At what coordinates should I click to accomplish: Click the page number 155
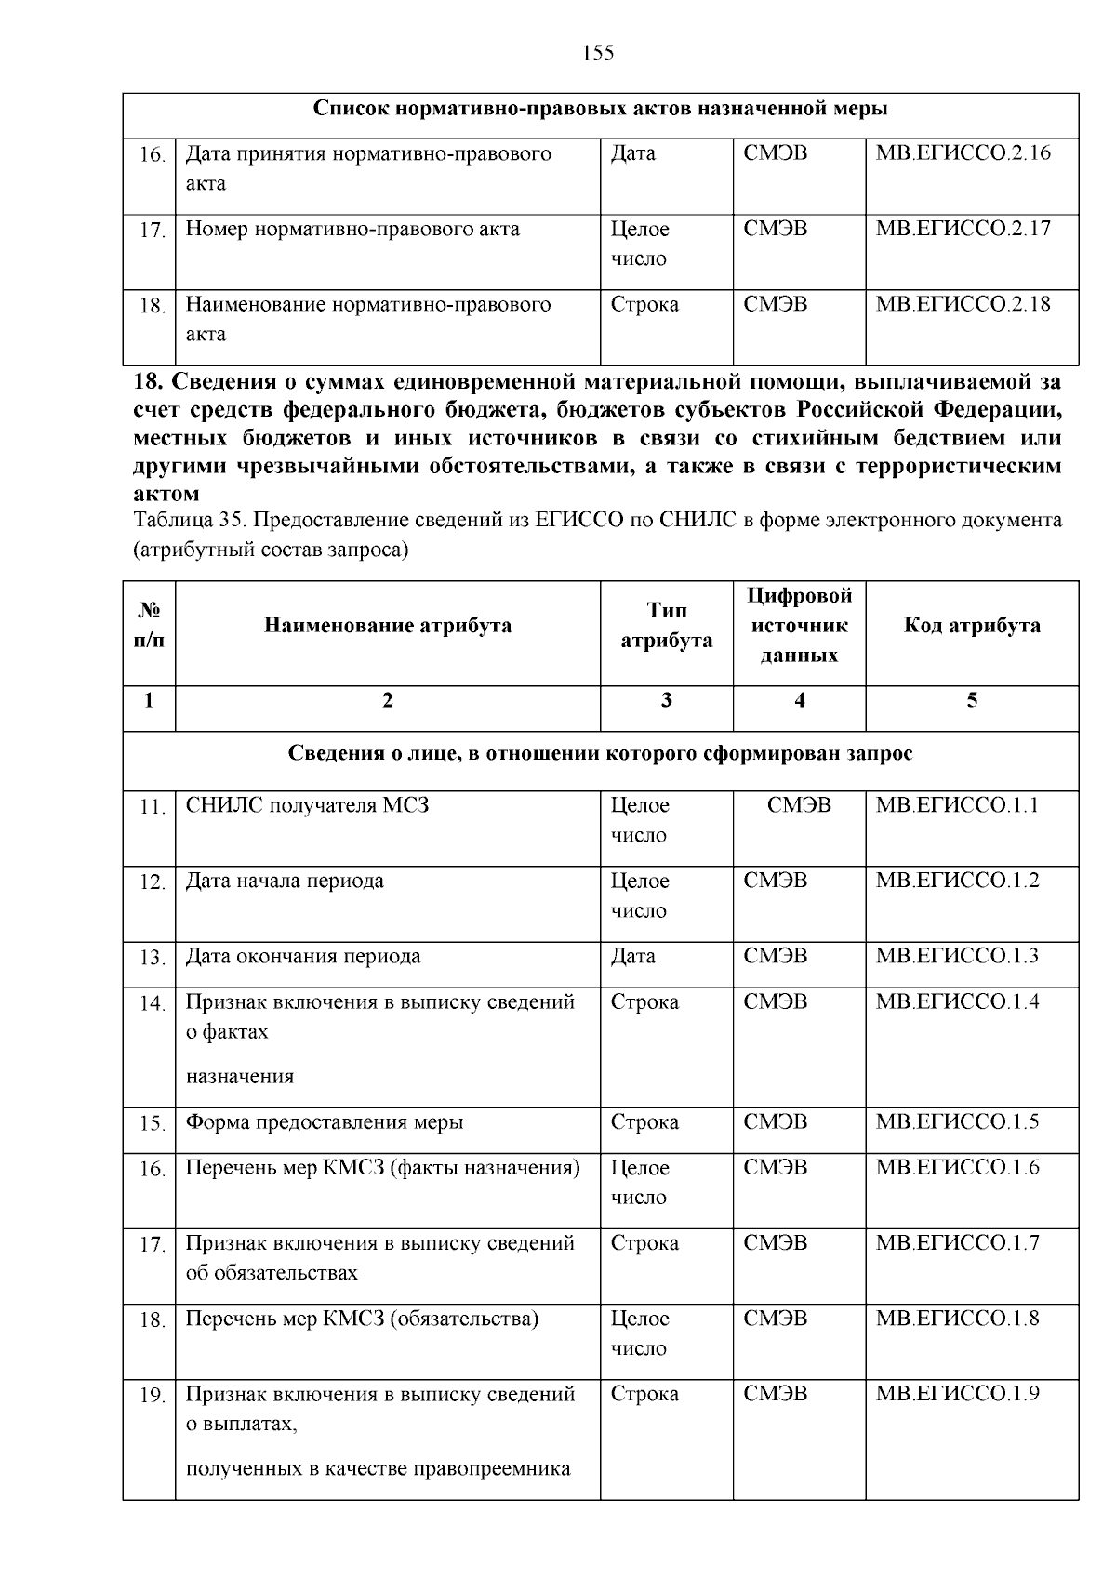click(598, 53)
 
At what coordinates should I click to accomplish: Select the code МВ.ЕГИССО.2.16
click(963, 152)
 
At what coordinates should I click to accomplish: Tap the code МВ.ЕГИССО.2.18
click(963, 304)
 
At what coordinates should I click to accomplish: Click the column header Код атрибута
click(972, 626)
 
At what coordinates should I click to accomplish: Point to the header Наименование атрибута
click(387, 626)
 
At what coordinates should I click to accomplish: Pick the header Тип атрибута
click(666, 626)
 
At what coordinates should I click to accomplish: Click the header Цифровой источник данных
click(799, 626)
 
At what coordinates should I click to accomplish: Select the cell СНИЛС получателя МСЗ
click(307, 805)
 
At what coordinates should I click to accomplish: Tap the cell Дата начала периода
click(285, 881)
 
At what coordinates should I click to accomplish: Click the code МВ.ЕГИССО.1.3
click(957, 956)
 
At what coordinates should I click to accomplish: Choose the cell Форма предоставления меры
click(324, 1122)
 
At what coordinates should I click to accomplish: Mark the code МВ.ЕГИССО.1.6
click(957, 1168)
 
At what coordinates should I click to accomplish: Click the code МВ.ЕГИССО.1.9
click(957, 1394)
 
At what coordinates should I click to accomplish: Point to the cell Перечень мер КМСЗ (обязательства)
click(362, 1319)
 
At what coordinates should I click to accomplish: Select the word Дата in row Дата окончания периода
click(632, 956)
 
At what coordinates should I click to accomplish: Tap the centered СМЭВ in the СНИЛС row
click(799, 805)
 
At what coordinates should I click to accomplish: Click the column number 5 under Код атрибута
click(972, 701)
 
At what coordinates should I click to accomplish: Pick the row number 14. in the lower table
click(152, 1004)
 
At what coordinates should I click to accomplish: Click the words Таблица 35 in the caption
click(183, 521)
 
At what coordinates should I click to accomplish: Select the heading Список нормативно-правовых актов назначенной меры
click(600, 110)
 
